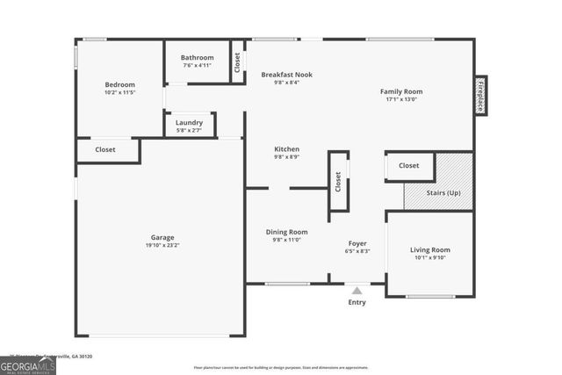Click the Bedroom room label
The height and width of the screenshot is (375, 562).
coord(119,85)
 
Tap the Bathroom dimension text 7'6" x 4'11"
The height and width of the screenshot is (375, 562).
coord(198,66)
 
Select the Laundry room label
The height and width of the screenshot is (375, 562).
coord(190,123)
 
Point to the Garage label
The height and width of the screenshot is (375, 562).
coord(162,237)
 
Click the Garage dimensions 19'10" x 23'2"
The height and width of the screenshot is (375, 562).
coord(162,246)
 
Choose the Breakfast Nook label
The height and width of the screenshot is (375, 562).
coord(286,75)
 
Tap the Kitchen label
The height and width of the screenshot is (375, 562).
coord(286,149)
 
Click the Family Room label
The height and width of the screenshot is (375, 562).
coord(401,91)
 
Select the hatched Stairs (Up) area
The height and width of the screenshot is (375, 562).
coord(439,182)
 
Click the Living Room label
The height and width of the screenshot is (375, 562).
coord(429,249)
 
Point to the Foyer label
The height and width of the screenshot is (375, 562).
coord(357,243)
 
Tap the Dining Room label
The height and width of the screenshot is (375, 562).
coord(286,232)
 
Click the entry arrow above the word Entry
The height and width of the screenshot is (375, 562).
coord(357,290)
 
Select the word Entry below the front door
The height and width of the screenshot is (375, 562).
coord(357,303)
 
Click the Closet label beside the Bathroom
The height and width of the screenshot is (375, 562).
coord(237,63)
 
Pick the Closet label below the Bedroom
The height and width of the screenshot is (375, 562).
coord(105,150)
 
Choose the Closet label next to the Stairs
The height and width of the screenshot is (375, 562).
coord(409,165)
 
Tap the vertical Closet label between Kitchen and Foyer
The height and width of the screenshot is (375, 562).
coord(338,181)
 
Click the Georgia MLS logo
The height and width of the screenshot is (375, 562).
coord(28,365)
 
